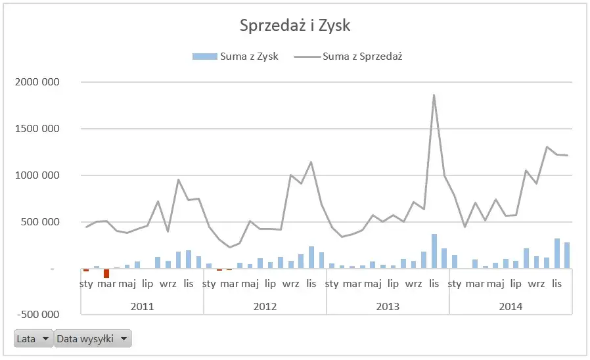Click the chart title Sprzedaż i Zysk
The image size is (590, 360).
pyautogui.click(x=295, y=26)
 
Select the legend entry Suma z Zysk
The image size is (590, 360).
pyautogui.click(x=235, y=56)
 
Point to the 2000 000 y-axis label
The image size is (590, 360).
pyautogui.click(x=37, y=82)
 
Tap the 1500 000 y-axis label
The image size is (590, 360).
pyautogui.click(x=37, y=129)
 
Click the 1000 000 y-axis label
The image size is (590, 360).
pyautogui.click(x=37, y=175)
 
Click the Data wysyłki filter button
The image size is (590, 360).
pyautogui.click(x=93, y=339)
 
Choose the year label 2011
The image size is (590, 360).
pyautogui.click(x=142, y=306)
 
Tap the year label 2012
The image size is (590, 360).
pyautogui.click(x=265, y=306)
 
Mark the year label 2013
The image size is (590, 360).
pyautogui.click(x=388, y=306)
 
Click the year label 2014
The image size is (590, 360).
pyautogui.click(x=511, y=306)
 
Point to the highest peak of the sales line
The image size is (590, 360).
pyautogui.click(x=434, y=95)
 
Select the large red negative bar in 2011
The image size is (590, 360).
pyautogui.click(x=106, y=273)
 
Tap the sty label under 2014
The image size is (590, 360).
pyautogui.click(x=455, y=284)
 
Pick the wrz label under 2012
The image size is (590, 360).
pyautogui.click(x=290, y=284)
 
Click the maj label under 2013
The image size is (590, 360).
pyautogui.click(x=373, y=284)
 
